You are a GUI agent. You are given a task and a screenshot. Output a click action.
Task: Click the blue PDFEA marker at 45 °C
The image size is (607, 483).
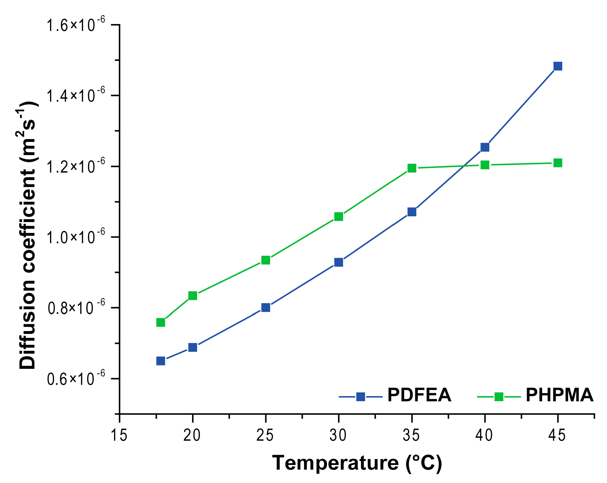click(x=558, y=66)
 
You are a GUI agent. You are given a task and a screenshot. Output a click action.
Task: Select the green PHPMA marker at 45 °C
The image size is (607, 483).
click(x=558, y=163)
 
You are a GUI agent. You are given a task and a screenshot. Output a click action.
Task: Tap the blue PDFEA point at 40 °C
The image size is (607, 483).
click(x=485, y=147)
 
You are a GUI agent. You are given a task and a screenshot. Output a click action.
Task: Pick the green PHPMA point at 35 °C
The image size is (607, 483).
click(x=412, y=168)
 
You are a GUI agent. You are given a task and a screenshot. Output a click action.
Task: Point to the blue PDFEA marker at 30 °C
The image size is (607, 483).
click(x=339, y=262)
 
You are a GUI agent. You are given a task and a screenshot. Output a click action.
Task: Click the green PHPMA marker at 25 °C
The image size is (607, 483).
click(x=266, y=260)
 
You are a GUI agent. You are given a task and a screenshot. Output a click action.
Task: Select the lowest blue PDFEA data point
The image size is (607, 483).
click(x=161, y=361)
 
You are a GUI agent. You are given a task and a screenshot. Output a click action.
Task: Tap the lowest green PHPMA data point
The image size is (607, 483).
click(x=161, y=322)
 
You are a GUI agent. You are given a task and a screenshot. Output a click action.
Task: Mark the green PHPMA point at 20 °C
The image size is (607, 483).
click(x=193, y=296)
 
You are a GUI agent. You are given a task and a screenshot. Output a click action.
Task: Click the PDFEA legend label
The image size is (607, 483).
click(x=419, y=395)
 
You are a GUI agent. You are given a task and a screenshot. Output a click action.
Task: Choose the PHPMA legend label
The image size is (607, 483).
click(x=560, y=395)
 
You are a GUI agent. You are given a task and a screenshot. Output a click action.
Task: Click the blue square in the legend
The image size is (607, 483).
click(x=361, y=397)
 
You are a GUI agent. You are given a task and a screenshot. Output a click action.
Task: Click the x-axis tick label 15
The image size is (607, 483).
click(x=119, y=436)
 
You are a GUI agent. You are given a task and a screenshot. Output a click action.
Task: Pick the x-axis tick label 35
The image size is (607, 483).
click(x=412, y=436)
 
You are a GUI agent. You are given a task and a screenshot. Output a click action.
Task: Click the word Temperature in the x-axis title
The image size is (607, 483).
click(x=335, y=463)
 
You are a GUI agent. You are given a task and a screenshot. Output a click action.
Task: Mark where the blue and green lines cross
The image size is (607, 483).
click(x=463, y=166)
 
